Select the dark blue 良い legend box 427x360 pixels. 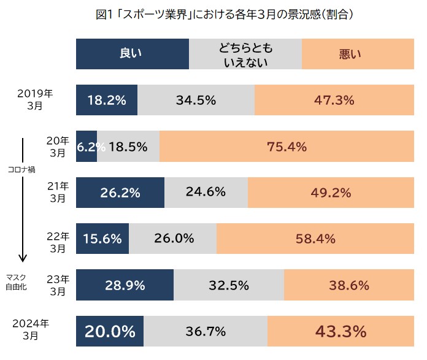[x=132, y=54]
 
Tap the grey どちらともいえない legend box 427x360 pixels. [x=245, y=54]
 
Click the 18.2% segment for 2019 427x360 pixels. [x=107, y=100]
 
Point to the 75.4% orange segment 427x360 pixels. [x=287, y=147]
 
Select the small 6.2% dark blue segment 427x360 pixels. [x=87, y=147]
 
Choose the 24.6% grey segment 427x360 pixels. [x=206, y=193]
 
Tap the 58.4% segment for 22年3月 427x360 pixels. [x=315, y=239]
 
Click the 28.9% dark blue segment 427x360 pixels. [x=125, y=285]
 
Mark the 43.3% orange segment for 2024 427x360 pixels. [x=340, y=332]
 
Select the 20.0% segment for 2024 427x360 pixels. [x=110, y=332]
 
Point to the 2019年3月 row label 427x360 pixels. [x=35, y=99]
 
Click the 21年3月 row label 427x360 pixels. [x=58, y=192]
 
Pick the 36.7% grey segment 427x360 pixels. [x=205, y=332]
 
